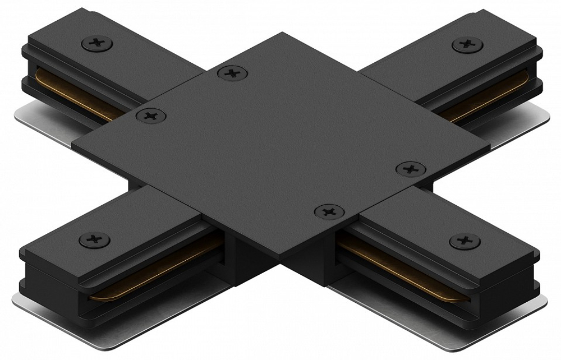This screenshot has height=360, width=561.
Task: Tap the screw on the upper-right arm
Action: point(465,44)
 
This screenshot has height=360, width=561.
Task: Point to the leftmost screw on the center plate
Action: point(150,116)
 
